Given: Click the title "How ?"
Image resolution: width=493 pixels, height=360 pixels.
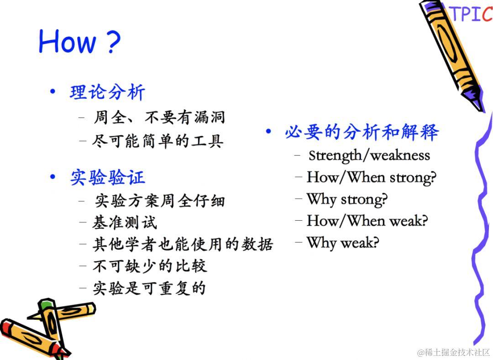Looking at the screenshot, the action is click(79, 41).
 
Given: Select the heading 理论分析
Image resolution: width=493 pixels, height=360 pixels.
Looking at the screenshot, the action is click(107, 93).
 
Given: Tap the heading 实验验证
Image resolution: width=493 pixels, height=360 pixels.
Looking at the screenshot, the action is click(107, 177).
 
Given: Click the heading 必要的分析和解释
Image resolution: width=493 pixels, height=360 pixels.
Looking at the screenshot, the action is click(362, 132).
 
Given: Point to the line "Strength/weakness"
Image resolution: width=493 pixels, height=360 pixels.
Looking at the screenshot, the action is click(369, 155).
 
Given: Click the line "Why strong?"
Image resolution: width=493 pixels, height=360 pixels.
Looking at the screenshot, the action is click(347, 200).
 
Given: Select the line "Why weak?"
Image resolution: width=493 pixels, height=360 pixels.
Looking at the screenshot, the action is click(343, 243).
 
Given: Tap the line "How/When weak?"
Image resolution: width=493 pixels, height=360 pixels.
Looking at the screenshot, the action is click(367, 221).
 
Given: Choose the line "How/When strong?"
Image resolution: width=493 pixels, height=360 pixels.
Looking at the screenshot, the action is click(372, 177).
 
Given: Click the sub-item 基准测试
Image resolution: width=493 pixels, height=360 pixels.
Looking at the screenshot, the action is click(125, 222).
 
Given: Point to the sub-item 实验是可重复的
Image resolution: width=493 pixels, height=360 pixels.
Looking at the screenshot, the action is click(149, 288).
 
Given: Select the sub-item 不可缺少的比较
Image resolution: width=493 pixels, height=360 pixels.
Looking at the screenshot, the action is click(150, 266).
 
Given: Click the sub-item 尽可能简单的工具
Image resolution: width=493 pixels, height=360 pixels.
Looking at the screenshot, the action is click(158, 141).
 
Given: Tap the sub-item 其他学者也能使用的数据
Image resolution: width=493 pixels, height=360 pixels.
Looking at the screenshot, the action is click(183, 244).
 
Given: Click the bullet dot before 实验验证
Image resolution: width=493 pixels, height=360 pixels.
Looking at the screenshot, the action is click(52, 177).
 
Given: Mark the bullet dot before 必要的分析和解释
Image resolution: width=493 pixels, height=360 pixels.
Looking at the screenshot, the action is click(268, 131).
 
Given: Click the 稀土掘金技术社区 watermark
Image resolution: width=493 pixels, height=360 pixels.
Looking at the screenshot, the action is click(453, 352).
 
